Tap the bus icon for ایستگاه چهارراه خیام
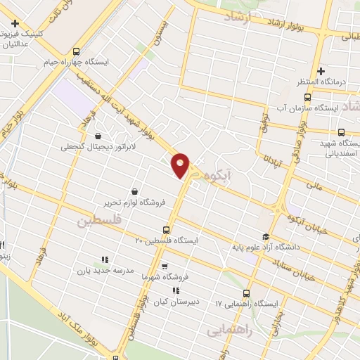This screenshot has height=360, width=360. tap(76, 51)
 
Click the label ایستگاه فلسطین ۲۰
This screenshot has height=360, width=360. tap(167, 240)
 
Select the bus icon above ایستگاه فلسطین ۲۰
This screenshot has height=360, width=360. tap(167, 229)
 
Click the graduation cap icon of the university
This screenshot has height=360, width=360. tap(265, 236)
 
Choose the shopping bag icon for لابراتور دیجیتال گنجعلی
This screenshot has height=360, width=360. tap(96, 136)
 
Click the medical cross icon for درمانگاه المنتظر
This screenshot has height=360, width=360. tap(321, 71)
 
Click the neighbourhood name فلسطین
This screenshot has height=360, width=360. tap(98, 221)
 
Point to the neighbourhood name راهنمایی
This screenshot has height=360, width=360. tap(230, 328)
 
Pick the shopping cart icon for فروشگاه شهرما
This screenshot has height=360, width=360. tap(164, 266)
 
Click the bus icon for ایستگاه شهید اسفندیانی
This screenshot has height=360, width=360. tap(341, 132)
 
